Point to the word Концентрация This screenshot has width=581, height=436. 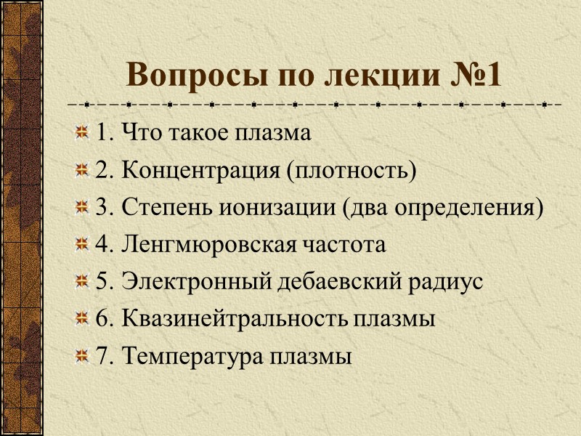[x=198, y=171]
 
